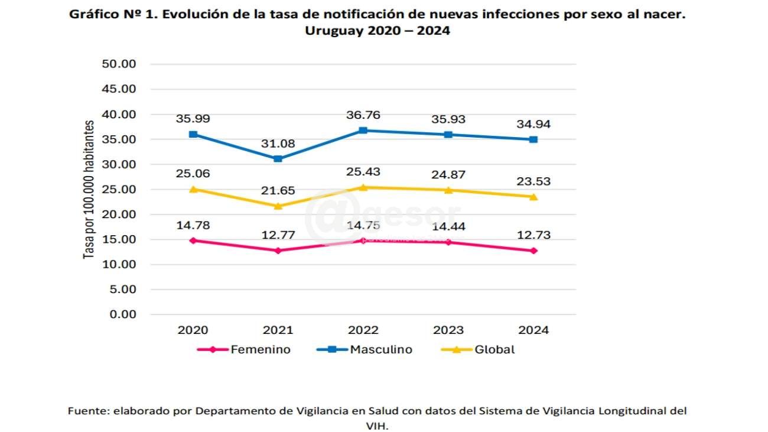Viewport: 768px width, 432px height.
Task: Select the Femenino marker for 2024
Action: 533,251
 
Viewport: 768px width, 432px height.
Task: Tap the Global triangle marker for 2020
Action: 193,189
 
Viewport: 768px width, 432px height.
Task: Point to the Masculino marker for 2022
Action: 363,130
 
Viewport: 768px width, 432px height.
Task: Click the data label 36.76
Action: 363,115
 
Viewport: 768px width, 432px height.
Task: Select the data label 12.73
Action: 533,235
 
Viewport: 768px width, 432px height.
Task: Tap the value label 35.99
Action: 193,119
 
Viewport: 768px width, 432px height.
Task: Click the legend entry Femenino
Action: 260,349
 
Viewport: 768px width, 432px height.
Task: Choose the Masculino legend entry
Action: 381,349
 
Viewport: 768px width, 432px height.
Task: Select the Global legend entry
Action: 494,349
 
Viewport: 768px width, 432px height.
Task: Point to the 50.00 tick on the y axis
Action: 120,64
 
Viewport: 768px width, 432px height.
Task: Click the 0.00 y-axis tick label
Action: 123,314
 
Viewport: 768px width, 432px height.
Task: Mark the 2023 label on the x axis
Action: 448,330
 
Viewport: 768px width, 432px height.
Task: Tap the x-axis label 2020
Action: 193,330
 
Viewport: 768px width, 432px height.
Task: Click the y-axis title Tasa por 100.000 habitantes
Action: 89,189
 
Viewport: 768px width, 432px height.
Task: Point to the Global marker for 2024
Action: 533,196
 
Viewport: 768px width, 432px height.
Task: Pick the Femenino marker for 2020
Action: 193,241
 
